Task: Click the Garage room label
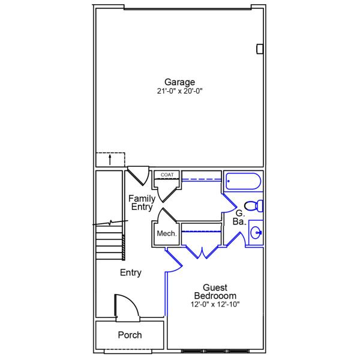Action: [180, 82]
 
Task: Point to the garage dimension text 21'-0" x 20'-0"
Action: [180, 92]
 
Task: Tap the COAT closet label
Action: [167, 175]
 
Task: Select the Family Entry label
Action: [142, 203]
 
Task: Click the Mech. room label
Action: [166, 233]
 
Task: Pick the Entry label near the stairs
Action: [130, 273]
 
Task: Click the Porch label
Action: [130, 335]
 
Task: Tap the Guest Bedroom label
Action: [215, 292]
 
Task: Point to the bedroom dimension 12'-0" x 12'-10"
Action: [215, 304]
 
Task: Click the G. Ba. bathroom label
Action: [239, 217]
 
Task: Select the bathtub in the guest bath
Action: [243, 182]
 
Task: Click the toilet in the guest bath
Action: [254, 206]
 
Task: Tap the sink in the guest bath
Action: [256, 233]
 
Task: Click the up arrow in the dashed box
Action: [110, 160]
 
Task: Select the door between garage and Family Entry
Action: [139, 175]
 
